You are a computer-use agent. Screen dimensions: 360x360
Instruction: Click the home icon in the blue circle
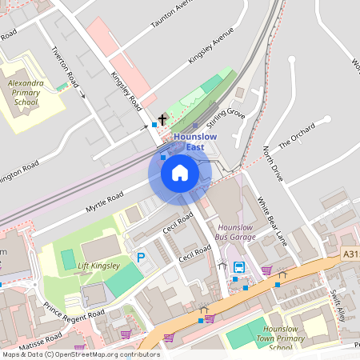[x=180, y=172]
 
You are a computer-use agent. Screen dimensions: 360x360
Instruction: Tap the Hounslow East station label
[x=194, y=142]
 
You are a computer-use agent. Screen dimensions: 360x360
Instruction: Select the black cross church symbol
[x=162, y=120]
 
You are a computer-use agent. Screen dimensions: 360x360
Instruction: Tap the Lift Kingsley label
[x=100, y=266]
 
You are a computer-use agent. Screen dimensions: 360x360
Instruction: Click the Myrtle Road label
[x=104, y=203]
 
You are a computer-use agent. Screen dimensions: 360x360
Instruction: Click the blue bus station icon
[x=239, y=269]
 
